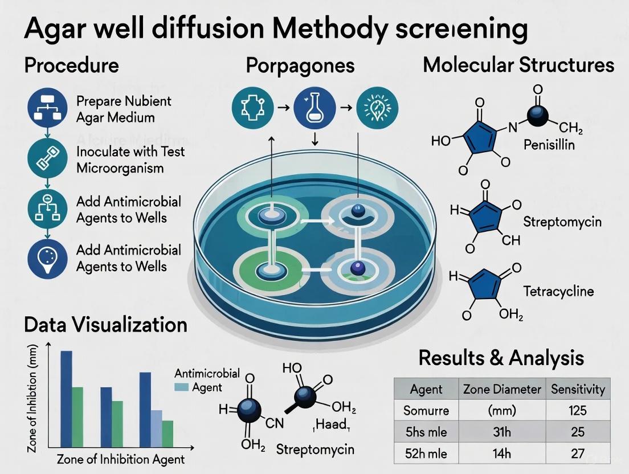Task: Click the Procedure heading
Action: tap(71, 65)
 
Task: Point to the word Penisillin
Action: tap(549, 145)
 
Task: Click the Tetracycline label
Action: tap(558, 292)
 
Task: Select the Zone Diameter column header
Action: tap(501, 390)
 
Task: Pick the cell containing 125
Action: tap(578, 411)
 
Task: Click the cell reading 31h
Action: tap(501, 432)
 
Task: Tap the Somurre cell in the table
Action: tap(426, 411)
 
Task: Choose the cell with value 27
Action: tap(578, 453)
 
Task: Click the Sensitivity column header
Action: tap(578, 390)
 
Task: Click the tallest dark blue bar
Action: tap(66, 399)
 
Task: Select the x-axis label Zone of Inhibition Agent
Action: tap(121, 459)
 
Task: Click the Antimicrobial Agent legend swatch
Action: tap(182, 387)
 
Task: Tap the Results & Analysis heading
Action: tap(501, 358)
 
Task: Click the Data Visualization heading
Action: tap(105, 325)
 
